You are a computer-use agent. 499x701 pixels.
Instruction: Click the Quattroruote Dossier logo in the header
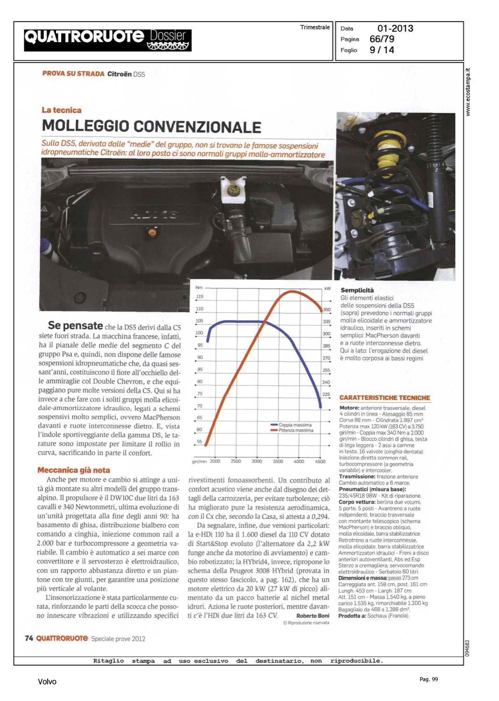coord(108,40)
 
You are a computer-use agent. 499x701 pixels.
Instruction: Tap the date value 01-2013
coord(395,29)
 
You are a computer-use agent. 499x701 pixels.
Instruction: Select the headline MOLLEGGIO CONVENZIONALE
coord(151,127)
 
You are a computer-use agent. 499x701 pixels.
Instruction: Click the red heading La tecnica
coord(62,110)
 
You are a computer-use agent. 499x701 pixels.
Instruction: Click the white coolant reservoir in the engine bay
coord(232,190)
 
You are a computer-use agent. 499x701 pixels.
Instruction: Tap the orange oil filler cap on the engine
coord(152,232)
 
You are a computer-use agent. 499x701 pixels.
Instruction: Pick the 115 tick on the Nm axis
coord(199,297)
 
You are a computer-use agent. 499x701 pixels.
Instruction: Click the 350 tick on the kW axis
coord(326,310)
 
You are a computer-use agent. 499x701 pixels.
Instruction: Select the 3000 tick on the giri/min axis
coord(257,461)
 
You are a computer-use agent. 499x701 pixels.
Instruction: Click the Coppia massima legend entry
coord(295,425)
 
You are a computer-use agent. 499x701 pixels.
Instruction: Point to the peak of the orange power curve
coord(292,292)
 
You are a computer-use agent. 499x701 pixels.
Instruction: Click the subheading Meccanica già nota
coord(74,470)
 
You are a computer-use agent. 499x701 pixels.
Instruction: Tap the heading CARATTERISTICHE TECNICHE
coord(385,398)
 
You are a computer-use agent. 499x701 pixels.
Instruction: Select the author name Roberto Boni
coord(312,616)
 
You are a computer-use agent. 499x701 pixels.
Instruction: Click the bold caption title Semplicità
coord(357,290)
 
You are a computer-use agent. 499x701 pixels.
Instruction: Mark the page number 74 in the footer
coord(29,638)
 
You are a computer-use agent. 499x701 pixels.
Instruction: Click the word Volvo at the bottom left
coord(47,682)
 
